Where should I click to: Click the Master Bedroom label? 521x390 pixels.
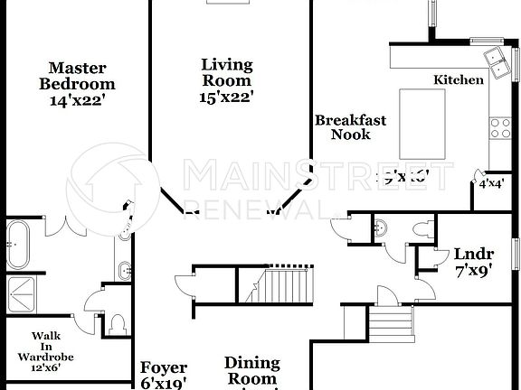point(77,76)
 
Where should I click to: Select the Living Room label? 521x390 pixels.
point(227,72)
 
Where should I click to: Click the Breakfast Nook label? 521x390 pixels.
point(350,127)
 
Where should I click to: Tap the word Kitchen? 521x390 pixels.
point(459,80)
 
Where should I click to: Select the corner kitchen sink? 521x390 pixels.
point(497,60)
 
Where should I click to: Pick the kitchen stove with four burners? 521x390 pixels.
point(500,127)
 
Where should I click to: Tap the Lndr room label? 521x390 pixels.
point(471,253)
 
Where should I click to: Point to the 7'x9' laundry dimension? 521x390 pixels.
point(471,268)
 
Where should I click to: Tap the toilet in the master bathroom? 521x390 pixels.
point(117,322)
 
